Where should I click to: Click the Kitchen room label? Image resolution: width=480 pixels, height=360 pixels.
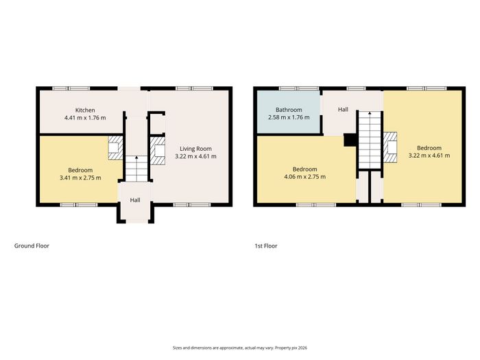pyautogui.click(x=85, y=110)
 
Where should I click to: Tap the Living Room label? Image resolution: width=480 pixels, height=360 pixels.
pyautogui.click(x=195, y=149)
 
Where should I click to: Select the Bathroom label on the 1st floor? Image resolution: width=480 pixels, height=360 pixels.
pyautogui.click(x=289, y=110)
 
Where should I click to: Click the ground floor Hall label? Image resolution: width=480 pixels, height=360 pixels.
pyautogui.click(x=135, y=200)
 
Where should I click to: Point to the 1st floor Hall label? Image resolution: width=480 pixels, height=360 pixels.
pyautogui.click(x=343, y=109)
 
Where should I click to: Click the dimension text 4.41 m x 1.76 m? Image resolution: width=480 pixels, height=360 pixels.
pyautogui.click(x=85, y=118)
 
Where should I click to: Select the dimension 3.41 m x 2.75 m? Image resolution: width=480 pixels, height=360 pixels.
pyautogui.click(x=80, y=178)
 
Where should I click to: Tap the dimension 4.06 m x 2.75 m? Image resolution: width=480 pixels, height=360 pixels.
pyautogui.click(x=305, y=177)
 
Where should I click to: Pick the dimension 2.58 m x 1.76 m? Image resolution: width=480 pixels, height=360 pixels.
pyautogui.click(x=289, y=117)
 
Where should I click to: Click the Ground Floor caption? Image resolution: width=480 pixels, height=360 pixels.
pyautogui.click(x=32, y=245)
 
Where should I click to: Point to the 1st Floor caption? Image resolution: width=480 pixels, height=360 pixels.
pyautogui.click(x=266, y=245)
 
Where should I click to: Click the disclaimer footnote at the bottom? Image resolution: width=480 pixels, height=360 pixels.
pyautogui.click(x=240, y=348)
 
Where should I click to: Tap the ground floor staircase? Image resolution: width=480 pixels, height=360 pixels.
pyautogui.click(x=136, y=169)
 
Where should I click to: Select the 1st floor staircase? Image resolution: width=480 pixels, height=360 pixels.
pyautogui.click(x=370, y=140)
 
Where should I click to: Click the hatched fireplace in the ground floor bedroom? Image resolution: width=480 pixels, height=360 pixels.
pyautogui.click(x=115, y=148)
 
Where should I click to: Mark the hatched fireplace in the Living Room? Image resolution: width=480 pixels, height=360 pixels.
pyautogui.click(x=157, y=151)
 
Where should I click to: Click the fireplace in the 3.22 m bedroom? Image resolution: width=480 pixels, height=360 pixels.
pyautogui.click(x=390, y=147)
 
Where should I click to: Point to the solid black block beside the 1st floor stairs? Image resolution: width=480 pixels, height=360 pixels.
pyautogui.click(x=350, y=140)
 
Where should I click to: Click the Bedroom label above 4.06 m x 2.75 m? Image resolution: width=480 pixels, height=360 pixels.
pyautogui.click(x=305, y=169)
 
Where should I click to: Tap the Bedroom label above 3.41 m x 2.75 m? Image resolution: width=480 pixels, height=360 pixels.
pyautogui.click(x=80, y=170)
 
